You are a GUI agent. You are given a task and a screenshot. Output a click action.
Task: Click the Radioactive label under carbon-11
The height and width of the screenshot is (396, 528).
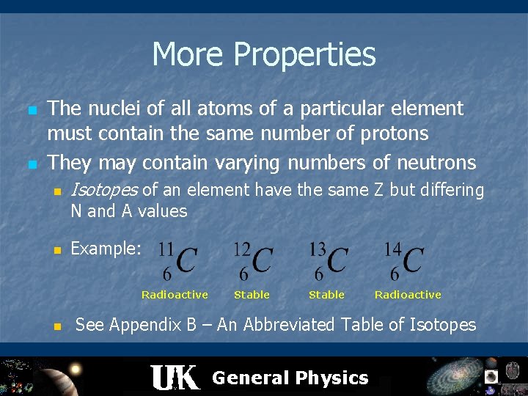pyautogui.click(x=175, y=295)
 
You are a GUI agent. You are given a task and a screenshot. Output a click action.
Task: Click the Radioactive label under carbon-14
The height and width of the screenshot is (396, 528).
pyautogui.click(x=408, y=295)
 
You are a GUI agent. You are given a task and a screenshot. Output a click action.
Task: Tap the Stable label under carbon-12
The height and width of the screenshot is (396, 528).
pyautogui.click(x=252, y=295)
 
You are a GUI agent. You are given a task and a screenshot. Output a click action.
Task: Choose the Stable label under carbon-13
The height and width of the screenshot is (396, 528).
pyautogui.click(x=326, y=295)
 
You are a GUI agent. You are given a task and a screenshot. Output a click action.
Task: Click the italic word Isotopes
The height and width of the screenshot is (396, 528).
pyautogui.click(x=103, y=191)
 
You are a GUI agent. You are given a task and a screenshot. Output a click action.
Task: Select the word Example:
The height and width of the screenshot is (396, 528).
pyautogui.click(x=106, y=249)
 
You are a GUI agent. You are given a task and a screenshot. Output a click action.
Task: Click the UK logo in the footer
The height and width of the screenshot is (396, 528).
pyautogui.click(x=175, y=377)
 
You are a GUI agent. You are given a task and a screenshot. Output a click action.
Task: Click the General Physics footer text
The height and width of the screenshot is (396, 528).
pyautogui.click(x=290, y=378)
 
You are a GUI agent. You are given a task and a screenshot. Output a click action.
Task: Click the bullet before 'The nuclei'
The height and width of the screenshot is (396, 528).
pyautogui.click(x=32, y=110)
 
